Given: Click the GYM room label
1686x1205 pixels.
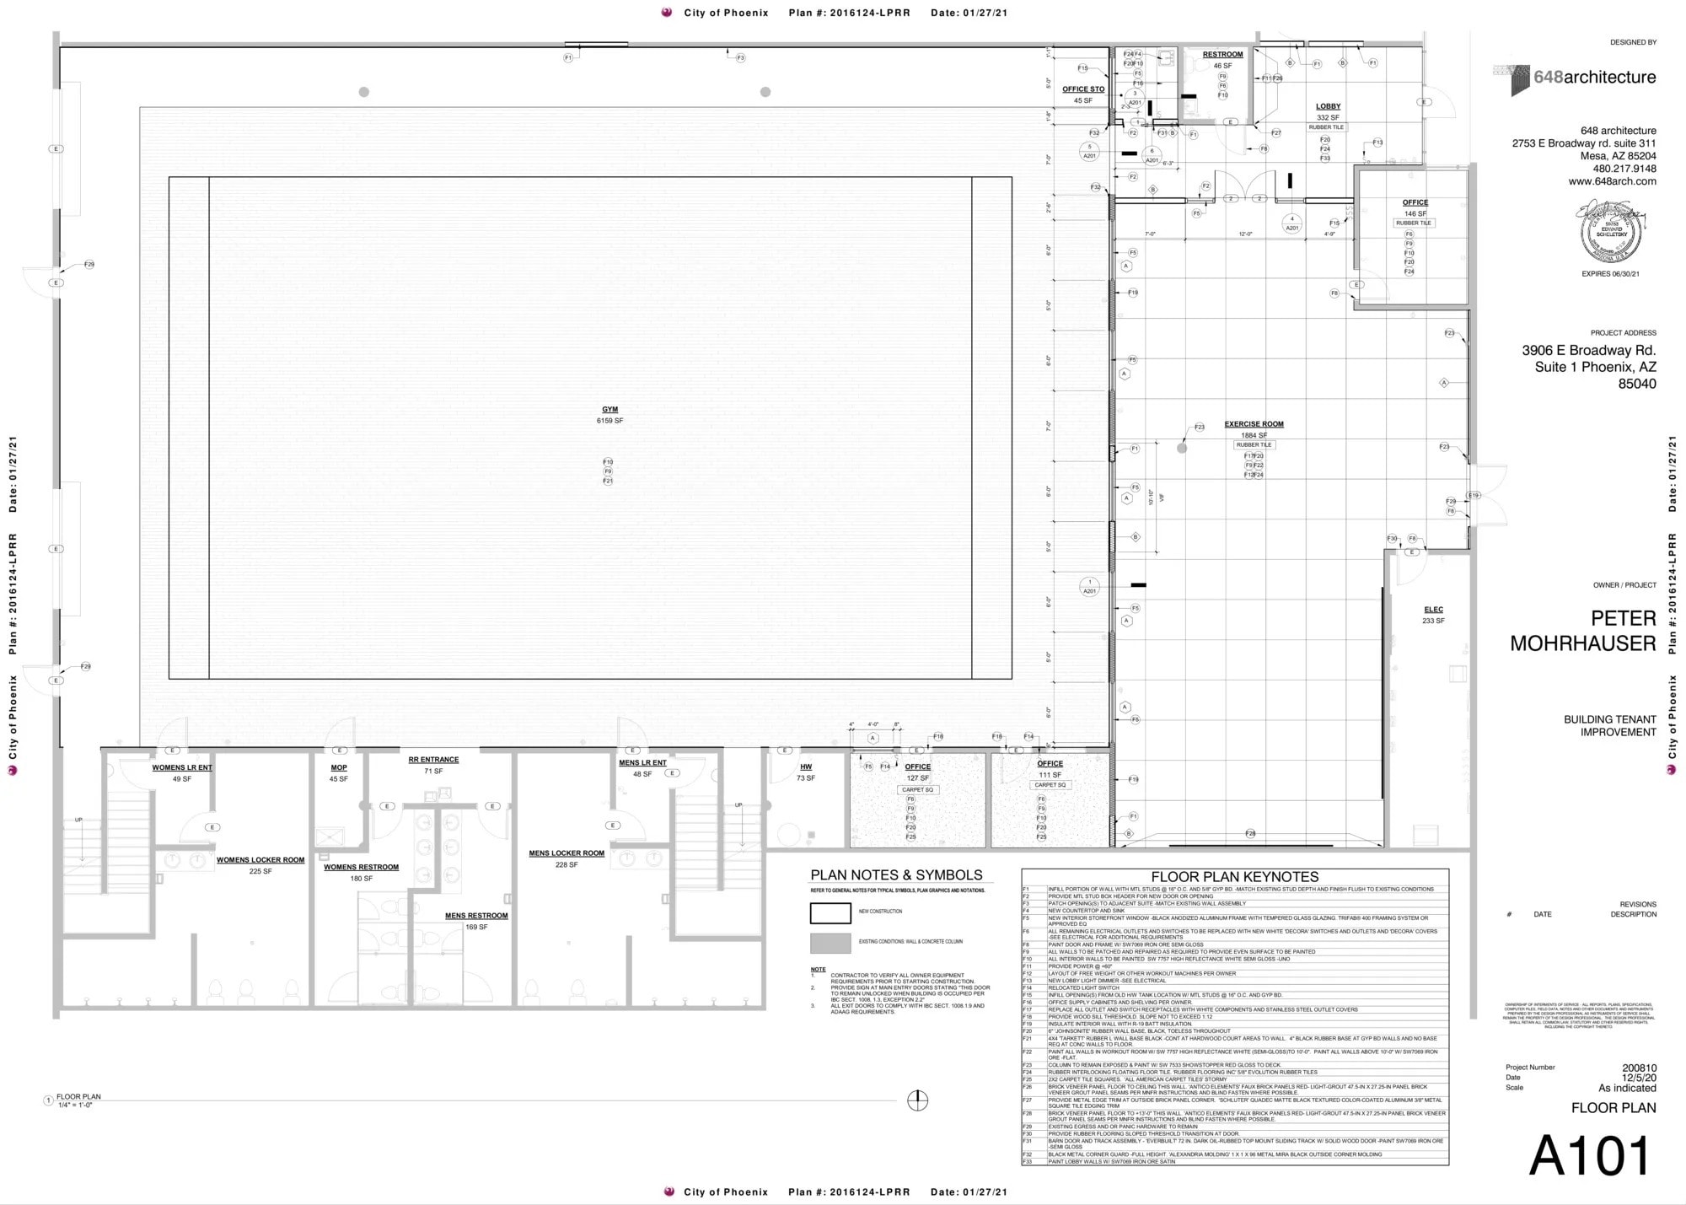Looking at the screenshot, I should pyautogui.click(x=609, y=410).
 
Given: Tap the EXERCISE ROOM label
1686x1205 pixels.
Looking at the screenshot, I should pyautogui.click(x=1254, y=424).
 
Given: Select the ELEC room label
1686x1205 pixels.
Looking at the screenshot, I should pyautogui.click(x=1433, y=610).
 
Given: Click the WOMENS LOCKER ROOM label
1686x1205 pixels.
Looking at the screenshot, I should pyautogui.click(x=260, y=860).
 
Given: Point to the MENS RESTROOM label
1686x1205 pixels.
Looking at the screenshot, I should pyautogui.click(x=476, y=916).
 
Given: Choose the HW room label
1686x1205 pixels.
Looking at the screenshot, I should pyautogui.click(x=806, y=767).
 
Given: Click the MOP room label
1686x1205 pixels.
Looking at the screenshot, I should pyautogui.click(x=339, y=768).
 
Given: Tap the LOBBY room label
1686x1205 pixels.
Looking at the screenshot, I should pyautogui.click(x=1328, y=107).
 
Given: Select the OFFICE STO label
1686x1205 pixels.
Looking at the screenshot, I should pyautogui.click(x=1083, y=89).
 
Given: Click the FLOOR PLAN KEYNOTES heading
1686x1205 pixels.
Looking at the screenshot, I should pyautogui.click(x=1234, y=877).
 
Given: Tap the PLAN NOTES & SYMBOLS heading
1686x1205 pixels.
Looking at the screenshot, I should pyautogui.click(x=896, y=875).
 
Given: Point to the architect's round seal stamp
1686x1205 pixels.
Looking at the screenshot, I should pyautogui.click(x=1611, y=233).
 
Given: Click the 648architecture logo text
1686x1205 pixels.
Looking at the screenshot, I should pyautogui.click(x=1593, y=78).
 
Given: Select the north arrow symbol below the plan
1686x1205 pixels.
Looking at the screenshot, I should pyautogui.click(x=917, y=1100).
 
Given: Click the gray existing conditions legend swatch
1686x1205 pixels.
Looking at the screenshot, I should pyautogui.click(x=830, y=942).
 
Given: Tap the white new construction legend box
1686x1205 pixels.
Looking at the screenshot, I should pyautogui.click(x=830, y=912).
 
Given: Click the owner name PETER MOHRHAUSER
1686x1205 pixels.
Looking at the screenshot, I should pyautogui.click(x=1582, y=631).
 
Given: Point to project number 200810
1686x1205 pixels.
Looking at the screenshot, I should pyautogui.click(x=1639, y=1068).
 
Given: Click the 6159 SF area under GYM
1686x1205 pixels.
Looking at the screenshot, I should pyautogui.click(x=609, y=421).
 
